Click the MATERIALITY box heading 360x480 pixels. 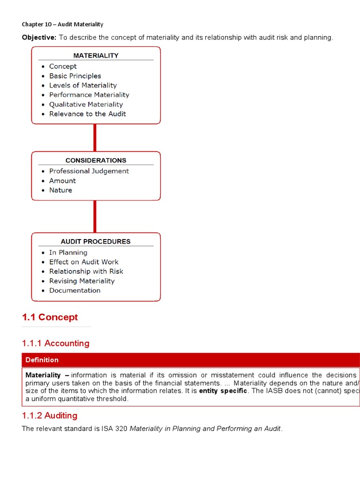pyautogui.click(x=96, y=55)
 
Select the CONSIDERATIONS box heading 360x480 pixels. pyautogui.click(x=96, y=160)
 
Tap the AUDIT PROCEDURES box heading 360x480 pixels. pyautogui.click(x=96, y=241)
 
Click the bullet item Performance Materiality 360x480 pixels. pyautogui.click(x=89, y=95)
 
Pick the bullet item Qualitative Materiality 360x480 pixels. pyautogui.click(x=86, y=105)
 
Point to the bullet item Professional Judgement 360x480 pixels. pyautogui.click(x=89, y=171)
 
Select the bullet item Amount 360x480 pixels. pyautogui.click(x=62, y=181)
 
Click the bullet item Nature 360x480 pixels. pyautogui.click(x=60, y=190)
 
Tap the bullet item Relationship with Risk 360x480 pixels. pyautogui.click(x=86, y=271)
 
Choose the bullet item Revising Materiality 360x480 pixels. pyautogui.click(x=82, y=281)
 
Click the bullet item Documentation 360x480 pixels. pyautogui.click(x=75, y=291)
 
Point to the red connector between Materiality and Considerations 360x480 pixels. pyautogui.click(x=95, y=138)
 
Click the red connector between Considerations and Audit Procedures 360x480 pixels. pyautogui.click(x=95, y=217)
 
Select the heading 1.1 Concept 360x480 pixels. pyautogui.click(x=50, y=317)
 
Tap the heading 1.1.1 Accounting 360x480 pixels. pyautogui.click(x=55, y=344)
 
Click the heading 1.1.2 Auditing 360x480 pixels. pyautogui.click(x=50, y=416)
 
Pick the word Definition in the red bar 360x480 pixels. pyautogui.click(x=42, y=360)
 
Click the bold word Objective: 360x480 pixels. pyautogui.click(x=39, y=37)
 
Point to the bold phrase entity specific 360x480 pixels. pyautogui.click(x=223, y=391)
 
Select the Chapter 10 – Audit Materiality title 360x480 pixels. pyautogui.click(x=62, y=24)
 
